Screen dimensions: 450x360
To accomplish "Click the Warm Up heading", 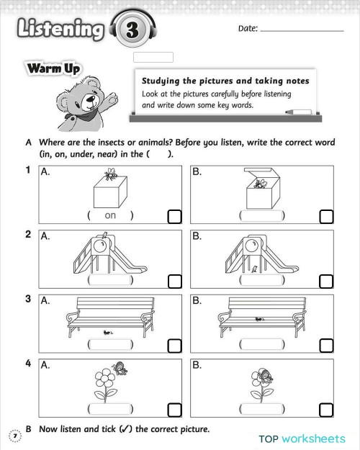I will point(53,69).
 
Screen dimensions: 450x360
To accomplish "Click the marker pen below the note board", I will point(299,112).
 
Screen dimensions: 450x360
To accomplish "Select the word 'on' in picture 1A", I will point(110,215).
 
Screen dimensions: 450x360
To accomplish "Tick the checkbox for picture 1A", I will point(174,216).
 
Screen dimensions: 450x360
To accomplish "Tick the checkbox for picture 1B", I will point(326,216).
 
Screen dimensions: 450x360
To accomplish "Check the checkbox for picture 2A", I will point(174,281).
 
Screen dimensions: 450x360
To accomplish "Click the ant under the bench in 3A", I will point(108,330).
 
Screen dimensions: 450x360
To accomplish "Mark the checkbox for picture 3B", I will point(326,346).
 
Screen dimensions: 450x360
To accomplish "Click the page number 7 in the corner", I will point(12,435).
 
